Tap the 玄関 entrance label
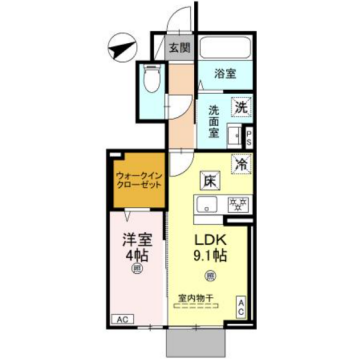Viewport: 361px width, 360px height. (179, 46)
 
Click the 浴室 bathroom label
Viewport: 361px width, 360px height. (224, 74)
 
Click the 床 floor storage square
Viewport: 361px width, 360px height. (211, 181)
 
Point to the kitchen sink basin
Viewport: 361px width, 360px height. (206, 206)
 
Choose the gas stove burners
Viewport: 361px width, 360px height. (238, 205)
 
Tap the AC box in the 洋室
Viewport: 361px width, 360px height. (120, 318)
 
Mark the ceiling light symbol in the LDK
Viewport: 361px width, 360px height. (211, 276)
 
